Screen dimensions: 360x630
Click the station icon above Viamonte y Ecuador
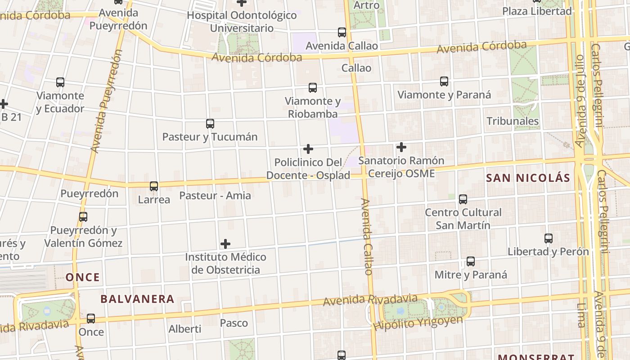coord(60,82)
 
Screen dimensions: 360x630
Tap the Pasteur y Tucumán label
coord(210,137)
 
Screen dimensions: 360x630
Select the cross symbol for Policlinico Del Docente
coord(308,149)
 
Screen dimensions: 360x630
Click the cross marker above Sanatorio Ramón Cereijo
coord(401,147)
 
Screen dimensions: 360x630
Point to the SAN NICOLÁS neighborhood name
coord(528,178)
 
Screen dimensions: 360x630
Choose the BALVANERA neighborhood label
coord(137,299)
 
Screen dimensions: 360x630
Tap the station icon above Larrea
coord(154,186)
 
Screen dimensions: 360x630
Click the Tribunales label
coord(513,121)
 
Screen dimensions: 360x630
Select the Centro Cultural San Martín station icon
coord(463,199)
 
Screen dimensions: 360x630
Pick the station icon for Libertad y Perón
coord(548,238)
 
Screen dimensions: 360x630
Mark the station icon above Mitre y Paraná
coord(471,261)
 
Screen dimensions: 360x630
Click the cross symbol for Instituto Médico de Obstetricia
coord(225,244)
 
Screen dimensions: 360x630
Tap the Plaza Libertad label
coord(537,11)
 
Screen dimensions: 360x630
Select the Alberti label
coord(184,329)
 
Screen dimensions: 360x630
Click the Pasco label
coord(234,323)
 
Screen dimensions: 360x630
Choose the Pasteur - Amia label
coord(215,196)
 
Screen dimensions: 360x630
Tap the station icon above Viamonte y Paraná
coord(444,81)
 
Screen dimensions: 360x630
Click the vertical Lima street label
coord(581,315)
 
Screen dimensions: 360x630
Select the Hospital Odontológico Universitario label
coord(242,22)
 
